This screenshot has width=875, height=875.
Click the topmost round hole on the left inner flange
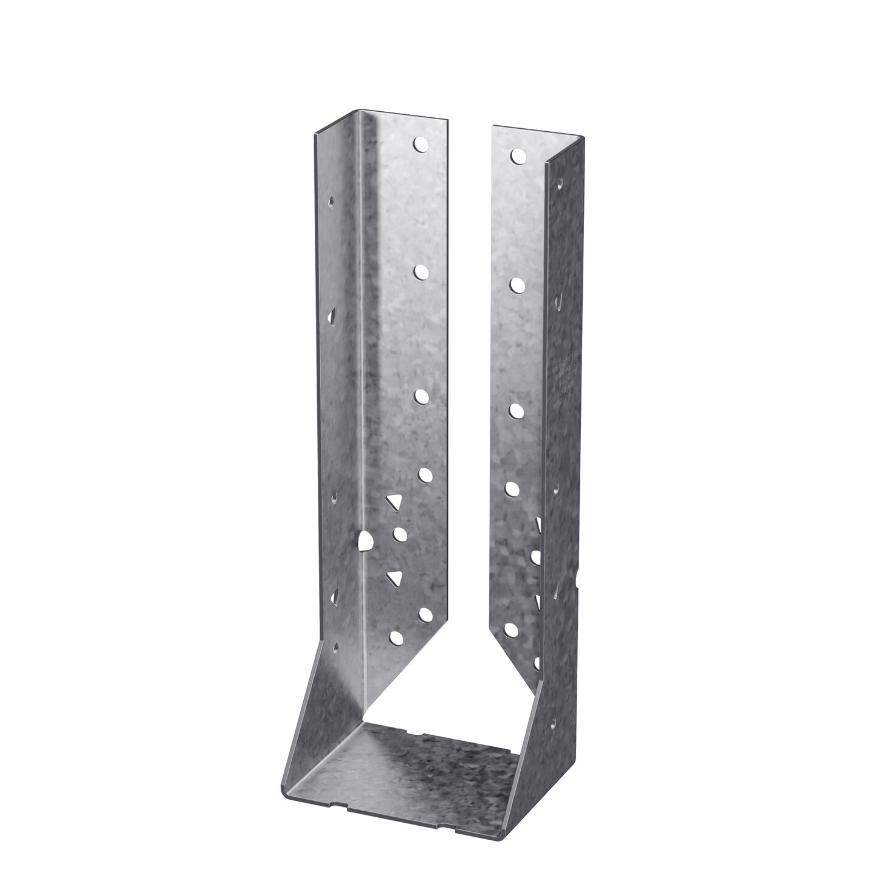pyautogui.click(x=420, y=144)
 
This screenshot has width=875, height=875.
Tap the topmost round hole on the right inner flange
pyautogui.click(x=518, y=156)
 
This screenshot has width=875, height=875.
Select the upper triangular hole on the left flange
pyautogui.click(x=395, y=503)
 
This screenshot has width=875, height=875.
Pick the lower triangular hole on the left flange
pyautogui.click(x=396, y=577)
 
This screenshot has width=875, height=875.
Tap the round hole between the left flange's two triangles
pyautogui.click(x=400, y=534)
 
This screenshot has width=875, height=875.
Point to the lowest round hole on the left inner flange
pyautogui.click(x=396, y=637)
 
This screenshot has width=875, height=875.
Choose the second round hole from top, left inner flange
pyautogui.click(x=420, y=272)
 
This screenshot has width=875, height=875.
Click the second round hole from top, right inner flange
pyautogui.click(x=518, y=284)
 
